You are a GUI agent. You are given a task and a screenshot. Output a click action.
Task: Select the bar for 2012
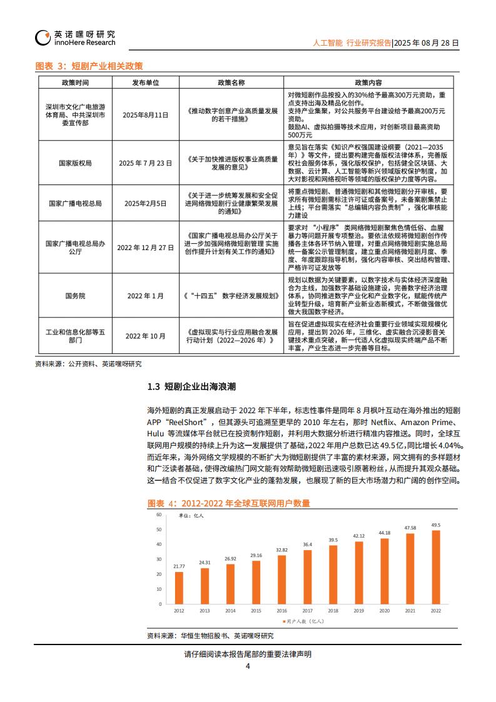click(x=180, y=589)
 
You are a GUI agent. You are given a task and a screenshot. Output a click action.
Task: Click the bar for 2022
click(x=435, y=568)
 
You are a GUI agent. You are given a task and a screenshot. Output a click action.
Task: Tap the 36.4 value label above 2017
click(x=307, y=544)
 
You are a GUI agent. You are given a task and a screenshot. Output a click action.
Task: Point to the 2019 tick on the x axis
click(x=358, y=610)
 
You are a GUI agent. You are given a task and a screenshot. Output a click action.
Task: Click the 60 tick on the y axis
click(x=159, y=514)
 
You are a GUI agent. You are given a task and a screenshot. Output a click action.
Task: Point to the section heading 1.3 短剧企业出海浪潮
click(x=191, y=387)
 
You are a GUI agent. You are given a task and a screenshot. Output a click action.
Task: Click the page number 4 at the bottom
click(x=248, y=666)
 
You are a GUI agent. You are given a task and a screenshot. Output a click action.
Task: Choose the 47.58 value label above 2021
click(x=410, y=528)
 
